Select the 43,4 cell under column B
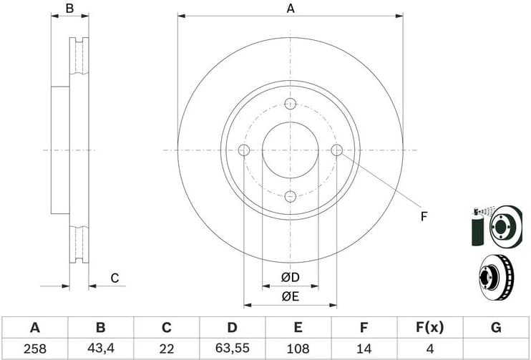pos(101,349)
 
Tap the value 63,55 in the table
pos(232,349)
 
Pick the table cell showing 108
pos(298,349)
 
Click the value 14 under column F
pos(364,349)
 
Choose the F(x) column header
pos(429,328)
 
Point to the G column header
pos(495,328)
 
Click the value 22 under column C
pos(166,349)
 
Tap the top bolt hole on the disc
pos(290,104)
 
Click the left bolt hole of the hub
pos(243,150)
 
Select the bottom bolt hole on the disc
pos(290,197)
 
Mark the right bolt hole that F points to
pos(337,150)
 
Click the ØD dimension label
pos(289,277)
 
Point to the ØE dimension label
pos(289,296)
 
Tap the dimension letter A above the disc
pos(290,9)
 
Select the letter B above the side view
pos(69,9)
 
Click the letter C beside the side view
pos(114,278)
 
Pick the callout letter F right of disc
pos(424,215)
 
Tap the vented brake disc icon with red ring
pos(495,278)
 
